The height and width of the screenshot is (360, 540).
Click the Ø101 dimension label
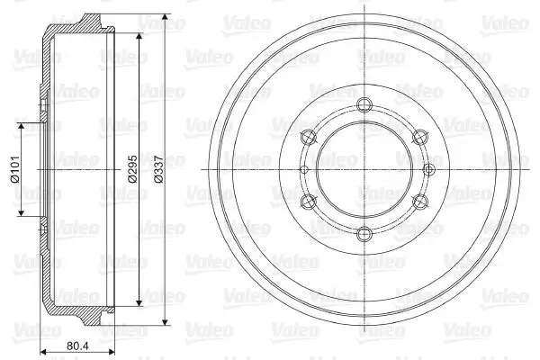coord(14,169)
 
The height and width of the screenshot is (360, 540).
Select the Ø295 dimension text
coord(132,169)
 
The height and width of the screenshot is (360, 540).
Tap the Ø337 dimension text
coord(158,169)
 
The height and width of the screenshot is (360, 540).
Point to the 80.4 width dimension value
coord(77,346)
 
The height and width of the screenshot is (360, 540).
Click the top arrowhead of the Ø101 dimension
coord(22,127)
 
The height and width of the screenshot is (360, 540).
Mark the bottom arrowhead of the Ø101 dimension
coord(22,212)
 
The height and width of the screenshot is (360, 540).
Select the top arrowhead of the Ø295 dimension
coord(139,37)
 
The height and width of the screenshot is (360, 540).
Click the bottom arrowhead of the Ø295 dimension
coord(139,302)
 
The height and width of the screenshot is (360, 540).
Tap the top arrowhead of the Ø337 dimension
coord(166,18)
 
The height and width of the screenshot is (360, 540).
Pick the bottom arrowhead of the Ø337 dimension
coord(166,321)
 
